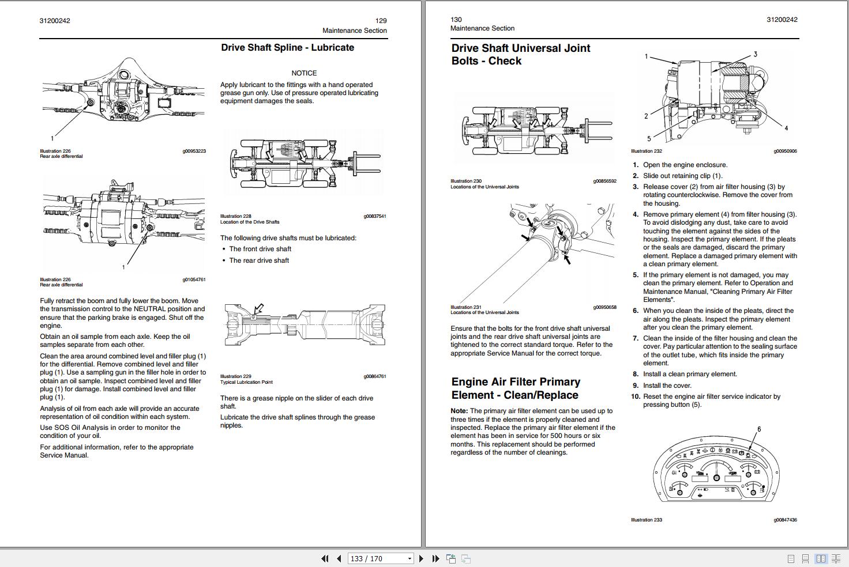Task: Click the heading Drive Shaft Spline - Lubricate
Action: click(287, 48)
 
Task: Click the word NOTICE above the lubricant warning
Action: click(304, 73)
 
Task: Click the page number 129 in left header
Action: click(381, 21)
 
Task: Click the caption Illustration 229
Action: click(235, 376)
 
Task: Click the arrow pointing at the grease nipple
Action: click(259, 309)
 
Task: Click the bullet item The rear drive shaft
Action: click(259, 260)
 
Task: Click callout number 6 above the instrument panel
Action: click(759, 429)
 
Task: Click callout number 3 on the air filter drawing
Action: click(755, 55)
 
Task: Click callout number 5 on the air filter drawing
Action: click(649, 138)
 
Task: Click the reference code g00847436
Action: click(785, 520)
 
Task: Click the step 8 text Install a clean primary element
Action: click(690, 374)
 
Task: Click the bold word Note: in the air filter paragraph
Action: click(459, 411)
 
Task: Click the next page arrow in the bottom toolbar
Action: click(421, 558)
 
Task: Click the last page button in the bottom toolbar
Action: click(435, 558)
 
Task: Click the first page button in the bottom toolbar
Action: click(325, 558)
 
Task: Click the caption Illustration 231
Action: click(465, 307)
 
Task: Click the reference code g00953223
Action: click(194, 151)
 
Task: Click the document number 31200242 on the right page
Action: click(782, 20)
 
